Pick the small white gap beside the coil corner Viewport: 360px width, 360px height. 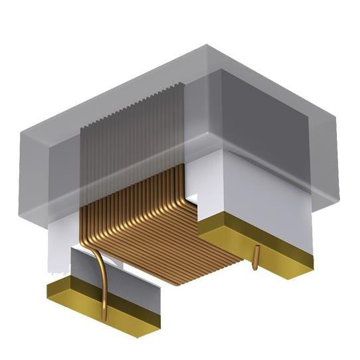[x=192, y=198]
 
